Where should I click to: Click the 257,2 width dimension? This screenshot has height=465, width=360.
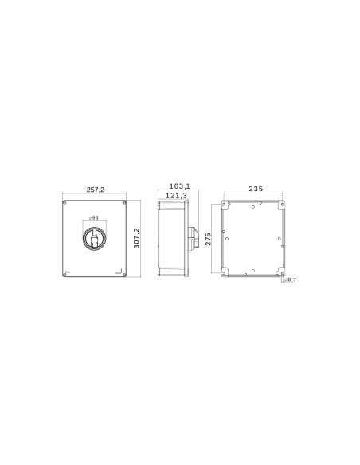coord(96,190)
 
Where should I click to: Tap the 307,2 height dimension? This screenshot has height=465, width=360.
coord(137,238)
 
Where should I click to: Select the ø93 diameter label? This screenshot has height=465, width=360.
coord(94,218)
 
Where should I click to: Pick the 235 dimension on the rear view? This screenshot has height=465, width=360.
coord(256,189)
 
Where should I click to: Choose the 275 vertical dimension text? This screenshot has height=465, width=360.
coord(209,240)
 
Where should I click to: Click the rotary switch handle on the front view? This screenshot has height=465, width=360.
coord(95,238)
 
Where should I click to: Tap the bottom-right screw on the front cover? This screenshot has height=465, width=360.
coord(124,274)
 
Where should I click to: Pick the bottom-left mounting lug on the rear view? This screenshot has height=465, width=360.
coord(226,273)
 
